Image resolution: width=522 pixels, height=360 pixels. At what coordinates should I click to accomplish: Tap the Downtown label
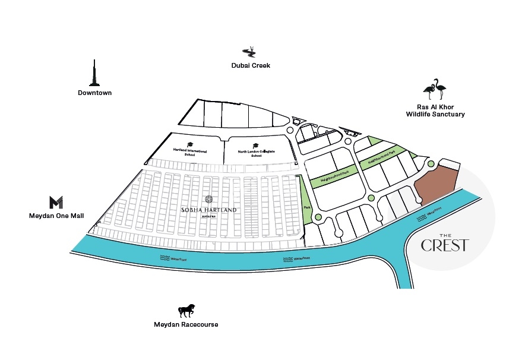(x=94, y=93)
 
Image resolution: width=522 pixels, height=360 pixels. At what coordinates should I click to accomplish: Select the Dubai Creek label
(x=251, y=65)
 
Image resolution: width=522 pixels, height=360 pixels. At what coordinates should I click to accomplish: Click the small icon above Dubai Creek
(x=251, y=52)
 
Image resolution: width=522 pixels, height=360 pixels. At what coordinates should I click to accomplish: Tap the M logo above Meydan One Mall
(x=56, y=202)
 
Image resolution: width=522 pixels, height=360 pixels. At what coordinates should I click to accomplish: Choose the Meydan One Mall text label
(x=56, y=216)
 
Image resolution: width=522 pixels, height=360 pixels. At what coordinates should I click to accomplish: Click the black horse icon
(x=186, y=311)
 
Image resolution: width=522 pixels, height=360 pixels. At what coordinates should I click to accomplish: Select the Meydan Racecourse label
(x=186, y=324)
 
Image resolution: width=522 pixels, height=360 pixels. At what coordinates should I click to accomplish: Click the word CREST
(x=445, y=245)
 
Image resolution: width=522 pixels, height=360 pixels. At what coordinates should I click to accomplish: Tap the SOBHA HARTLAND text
(x=208, y=210)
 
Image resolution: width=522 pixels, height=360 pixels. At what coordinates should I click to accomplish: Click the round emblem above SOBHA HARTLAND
(x=208, y=200)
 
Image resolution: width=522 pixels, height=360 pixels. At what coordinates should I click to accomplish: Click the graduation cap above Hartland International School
(x=190, y=144)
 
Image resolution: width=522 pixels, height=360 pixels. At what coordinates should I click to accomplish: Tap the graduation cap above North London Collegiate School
(x=255, y=146)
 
